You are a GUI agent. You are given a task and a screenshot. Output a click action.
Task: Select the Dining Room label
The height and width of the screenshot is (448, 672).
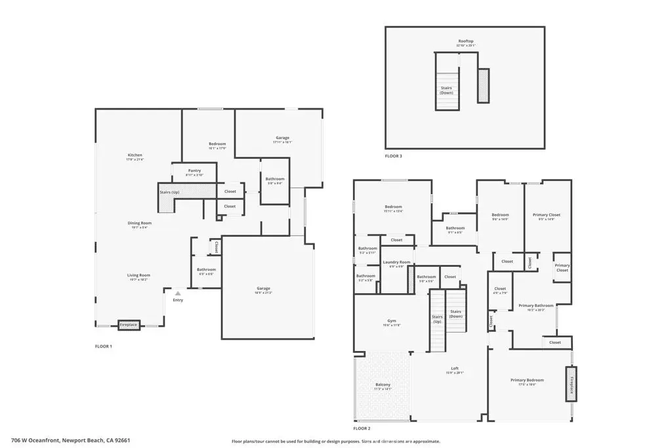139,223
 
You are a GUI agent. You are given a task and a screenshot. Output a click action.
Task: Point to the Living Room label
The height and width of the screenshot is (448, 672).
138,275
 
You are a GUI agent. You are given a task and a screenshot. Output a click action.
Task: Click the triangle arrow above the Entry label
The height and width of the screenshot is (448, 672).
177,293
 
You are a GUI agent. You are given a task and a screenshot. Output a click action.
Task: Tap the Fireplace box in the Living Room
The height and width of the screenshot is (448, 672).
129,324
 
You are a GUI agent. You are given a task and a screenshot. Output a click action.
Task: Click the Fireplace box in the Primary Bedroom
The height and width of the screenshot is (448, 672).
572,383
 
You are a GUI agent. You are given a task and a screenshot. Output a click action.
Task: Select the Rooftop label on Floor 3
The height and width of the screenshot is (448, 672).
466,41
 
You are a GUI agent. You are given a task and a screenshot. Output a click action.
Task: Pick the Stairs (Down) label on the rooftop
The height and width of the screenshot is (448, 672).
446,90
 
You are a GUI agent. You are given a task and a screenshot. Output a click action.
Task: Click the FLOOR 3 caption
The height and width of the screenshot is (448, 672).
394,157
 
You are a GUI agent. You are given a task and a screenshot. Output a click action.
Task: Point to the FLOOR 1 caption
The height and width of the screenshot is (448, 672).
104,346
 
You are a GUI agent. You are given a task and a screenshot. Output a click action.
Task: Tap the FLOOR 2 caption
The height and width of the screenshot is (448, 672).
362,428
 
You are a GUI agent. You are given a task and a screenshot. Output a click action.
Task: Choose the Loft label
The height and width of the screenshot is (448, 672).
455,369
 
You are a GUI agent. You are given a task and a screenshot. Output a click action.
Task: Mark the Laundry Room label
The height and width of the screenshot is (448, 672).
396,262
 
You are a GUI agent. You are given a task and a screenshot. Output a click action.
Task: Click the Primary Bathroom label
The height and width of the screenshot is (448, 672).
535,306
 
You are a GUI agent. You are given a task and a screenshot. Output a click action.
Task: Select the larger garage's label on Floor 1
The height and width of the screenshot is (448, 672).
264,289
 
